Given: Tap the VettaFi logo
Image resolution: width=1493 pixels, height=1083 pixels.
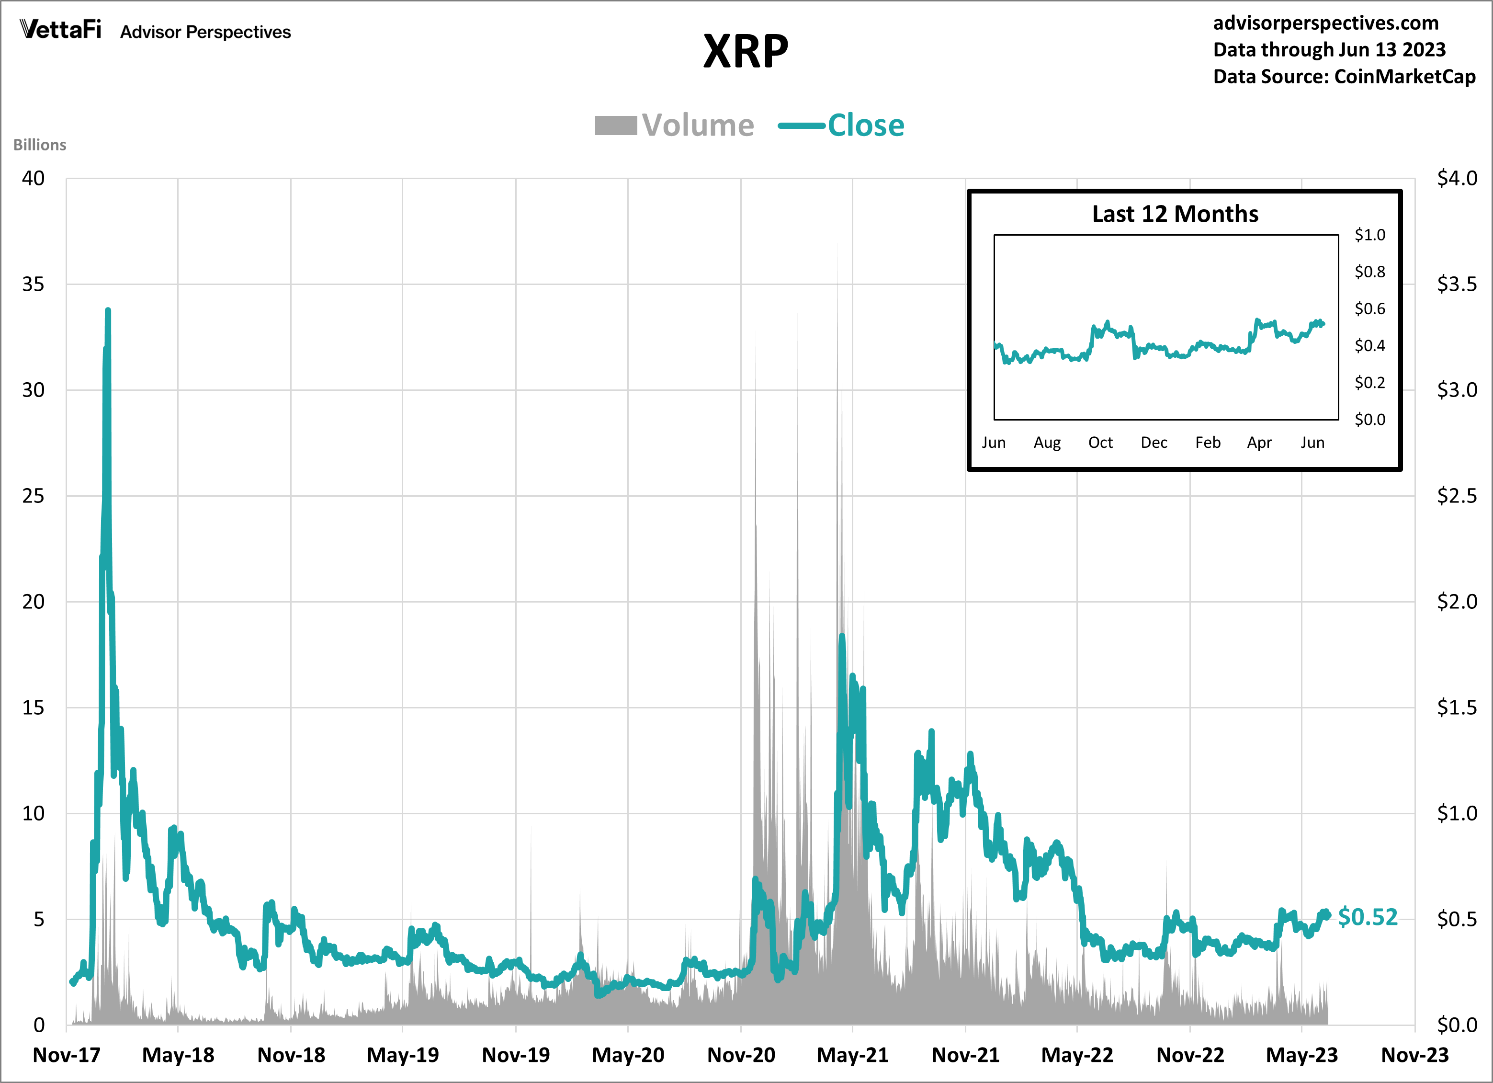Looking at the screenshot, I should click(x=60, y=30).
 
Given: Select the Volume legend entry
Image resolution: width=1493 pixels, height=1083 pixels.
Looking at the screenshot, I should click(x=675, y=125).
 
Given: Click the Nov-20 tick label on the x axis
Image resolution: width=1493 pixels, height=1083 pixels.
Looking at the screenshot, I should click(x=741, y=1055).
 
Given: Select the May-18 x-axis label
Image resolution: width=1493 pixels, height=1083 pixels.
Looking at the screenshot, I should click(x=178, y=1055).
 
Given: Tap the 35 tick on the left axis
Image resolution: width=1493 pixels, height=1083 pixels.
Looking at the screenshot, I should click(x=34, y=285).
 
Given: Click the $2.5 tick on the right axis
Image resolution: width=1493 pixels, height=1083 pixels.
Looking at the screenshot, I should click(x=1456, y=496).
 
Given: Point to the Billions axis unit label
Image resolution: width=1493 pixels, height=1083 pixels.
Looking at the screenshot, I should click(x=39, y=145).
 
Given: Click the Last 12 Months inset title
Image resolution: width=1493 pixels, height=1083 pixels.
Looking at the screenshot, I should click(x=1175, y=214).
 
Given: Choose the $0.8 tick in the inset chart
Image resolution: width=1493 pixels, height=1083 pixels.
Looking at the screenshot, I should click(x=1369, y=272).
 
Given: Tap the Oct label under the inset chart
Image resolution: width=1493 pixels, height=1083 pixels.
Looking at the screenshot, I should click(x=1100, y=443).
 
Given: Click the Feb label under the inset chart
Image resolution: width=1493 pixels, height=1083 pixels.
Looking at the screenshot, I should click(x=1207, y=443).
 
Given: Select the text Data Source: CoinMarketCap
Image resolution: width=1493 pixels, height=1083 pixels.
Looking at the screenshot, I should click(x=1344, y=76).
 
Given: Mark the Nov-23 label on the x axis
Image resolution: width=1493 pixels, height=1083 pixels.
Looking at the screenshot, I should click(x=1414, y=1055).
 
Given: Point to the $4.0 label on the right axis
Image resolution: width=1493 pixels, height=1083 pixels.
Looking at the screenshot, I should click(x=1456, y=178).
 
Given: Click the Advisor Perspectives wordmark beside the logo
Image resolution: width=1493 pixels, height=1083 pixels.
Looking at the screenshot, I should click(x=205, y=32).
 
